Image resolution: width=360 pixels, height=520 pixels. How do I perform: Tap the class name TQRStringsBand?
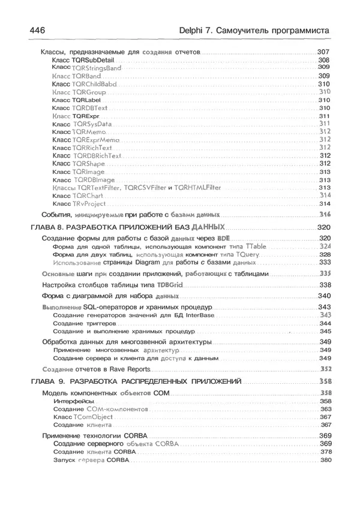[x=97, y=68]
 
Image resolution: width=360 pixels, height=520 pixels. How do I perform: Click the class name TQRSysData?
[x=93, y=124]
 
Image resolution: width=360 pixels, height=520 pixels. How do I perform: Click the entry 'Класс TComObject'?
[x=83, y=417]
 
